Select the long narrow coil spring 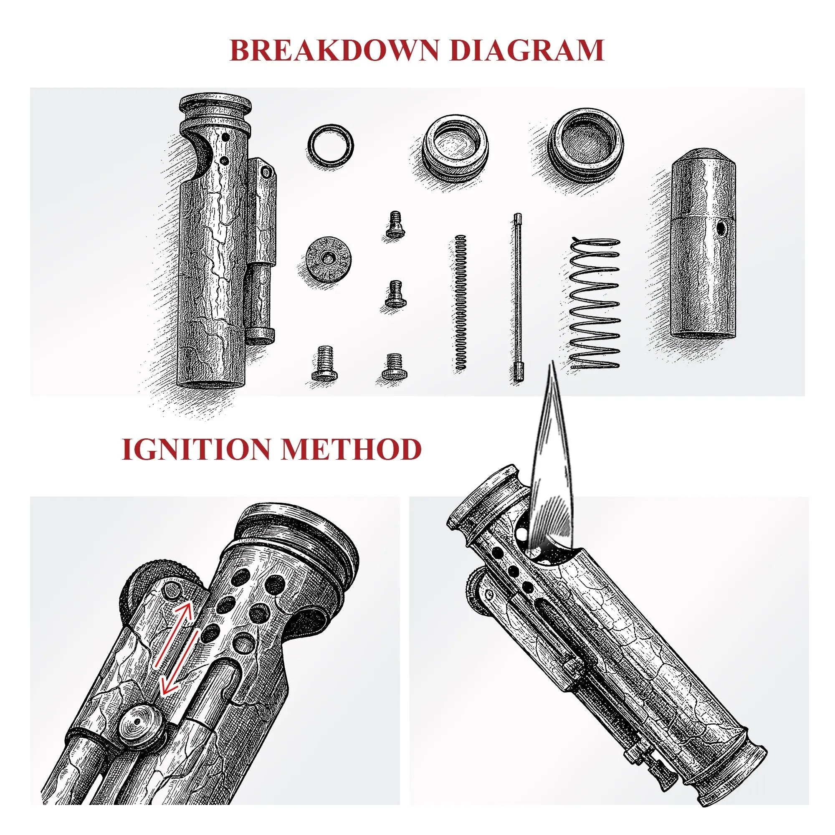click(461, 302)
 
